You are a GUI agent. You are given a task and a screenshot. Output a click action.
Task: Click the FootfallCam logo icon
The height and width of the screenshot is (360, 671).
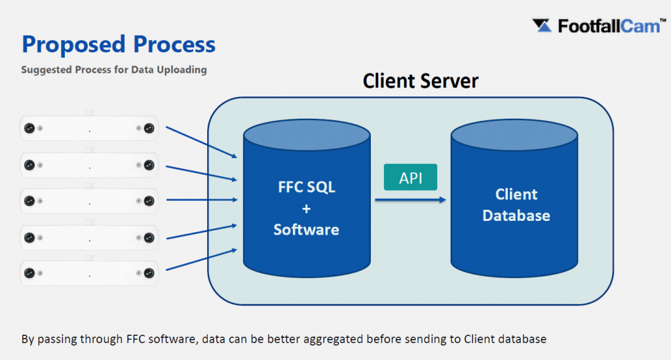(543, 26)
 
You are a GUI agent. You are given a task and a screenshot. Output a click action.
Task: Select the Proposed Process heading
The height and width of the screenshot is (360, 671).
(119, 45)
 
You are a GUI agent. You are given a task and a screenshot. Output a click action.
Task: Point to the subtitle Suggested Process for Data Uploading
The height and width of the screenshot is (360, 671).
(114, 70)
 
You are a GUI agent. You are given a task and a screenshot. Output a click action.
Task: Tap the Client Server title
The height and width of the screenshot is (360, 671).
(420, 81)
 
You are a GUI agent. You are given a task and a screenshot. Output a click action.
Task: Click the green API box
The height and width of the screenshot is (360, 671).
(410, 178)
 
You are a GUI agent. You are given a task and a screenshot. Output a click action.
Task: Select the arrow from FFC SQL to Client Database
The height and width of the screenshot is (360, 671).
(411, 200)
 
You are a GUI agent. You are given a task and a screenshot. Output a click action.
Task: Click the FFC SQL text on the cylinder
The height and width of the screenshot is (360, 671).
(306, 186)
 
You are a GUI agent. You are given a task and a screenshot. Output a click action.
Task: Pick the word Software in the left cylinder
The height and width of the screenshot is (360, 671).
(306, 230)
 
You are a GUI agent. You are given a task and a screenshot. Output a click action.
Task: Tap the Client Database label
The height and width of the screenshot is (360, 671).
(516, 205)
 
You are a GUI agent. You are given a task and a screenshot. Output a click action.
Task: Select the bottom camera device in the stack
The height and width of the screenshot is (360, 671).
(89, 271)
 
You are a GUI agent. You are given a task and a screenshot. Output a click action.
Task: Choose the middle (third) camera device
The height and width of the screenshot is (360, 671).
(89, 199)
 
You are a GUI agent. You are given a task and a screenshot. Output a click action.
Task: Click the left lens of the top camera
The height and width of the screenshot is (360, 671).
(29, 129)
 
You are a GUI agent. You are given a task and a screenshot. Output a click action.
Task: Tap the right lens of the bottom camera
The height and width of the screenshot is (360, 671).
(149, 271)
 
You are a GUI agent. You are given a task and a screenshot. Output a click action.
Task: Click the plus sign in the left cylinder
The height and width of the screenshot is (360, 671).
(306, 208)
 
